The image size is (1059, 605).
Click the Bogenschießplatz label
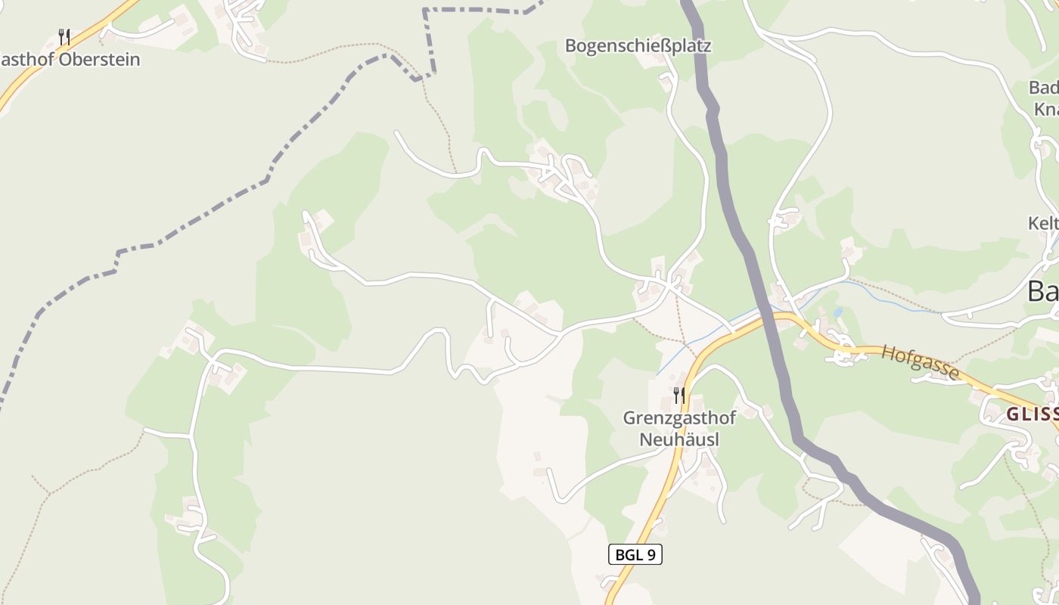(638, 46)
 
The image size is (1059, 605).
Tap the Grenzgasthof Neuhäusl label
(679, 428)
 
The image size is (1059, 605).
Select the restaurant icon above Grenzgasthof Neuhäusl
(679, 395)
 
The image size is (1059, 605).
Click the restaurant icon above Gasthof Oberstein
(64, 37)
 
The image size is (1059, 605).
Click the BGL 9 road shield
(635, 554)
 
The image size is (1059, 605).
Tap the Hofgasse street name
(920, 362)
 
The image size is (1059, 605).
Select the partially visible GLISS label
(1032, 414)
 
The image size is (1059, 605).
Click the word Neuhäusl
(679, 439)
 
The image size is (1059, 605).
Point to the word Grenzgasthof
(679, 417)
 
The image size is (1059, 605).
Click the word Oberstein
(99, 60)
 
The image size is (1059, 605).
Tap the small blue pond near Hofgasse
(837, 312)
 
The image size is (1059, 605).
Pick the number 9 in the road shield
(650, 554)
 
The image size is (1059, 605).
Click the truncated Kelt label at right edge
(1043, 223)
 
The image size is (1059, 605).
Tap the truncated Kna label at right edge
(1045, 110)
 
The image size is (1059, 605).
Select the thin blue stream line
(893, 296)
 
